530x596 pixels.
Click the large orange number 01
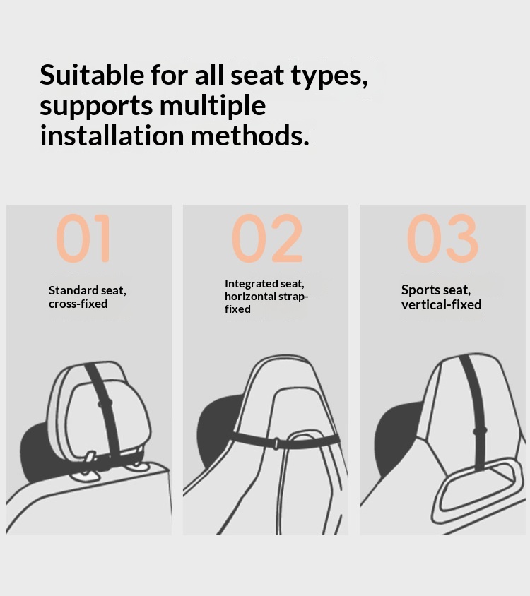[x=84, y=239]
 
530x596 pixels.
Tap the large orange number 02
[x=266, y=239]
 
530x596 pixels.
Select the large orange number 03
[x=442, y=239]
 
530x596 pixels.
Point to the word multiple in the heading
[x=212, y=105]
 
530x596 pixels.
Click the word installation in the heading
[x=111, y=135]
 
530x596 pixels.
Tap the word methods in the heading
[x=249, y=135]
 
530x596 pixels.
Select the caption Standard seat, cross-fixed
[x=87, y=297]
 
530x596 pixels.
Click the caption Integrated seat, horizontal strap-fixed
[x=266, y=296]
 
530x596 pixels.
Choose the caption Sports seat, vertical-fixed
[x=441, y=297]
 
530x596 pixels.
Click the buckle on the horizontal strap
[x=276, y=443]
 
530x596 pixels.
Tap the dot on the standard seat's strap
[x=106, y=403]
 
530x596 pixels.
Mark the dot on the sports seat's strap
[x=481, y=429]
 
